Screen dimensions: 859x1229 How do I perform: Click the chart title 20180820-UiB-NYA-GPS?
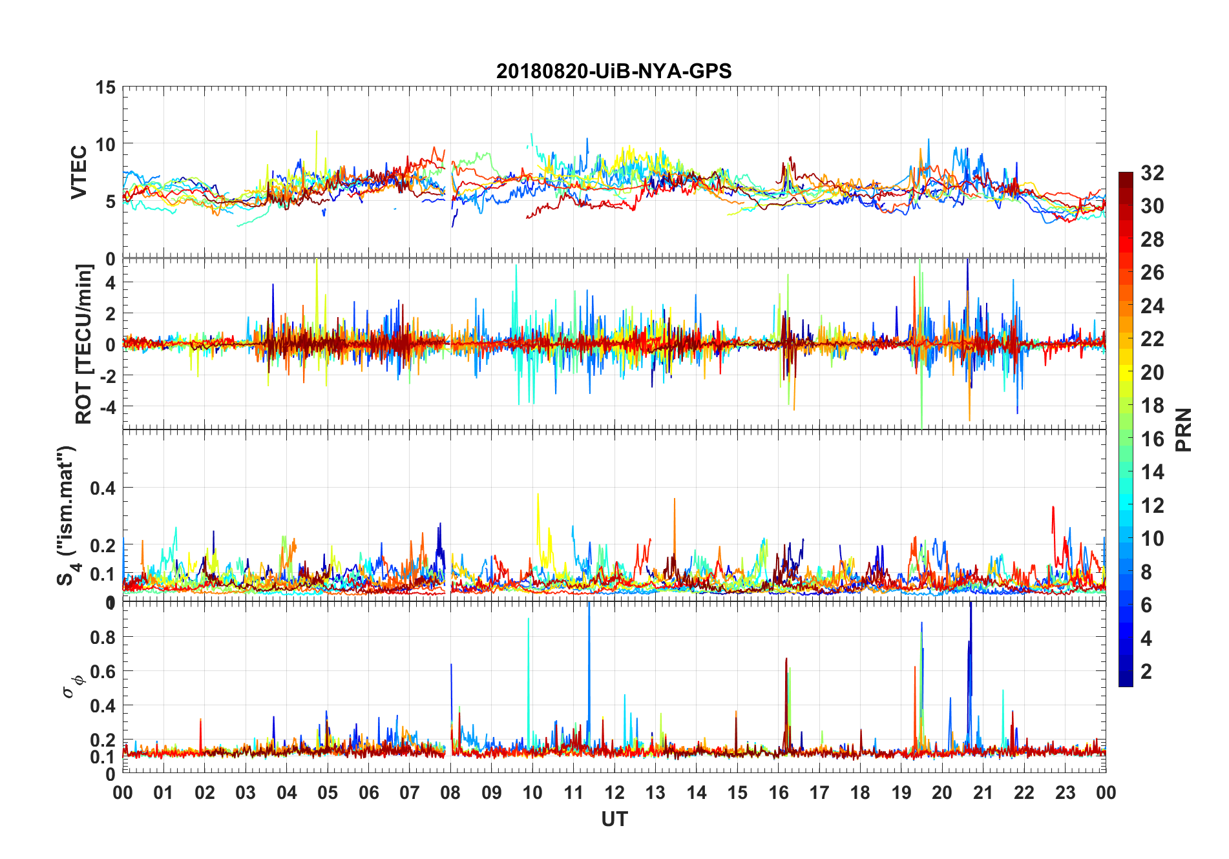point(614,71)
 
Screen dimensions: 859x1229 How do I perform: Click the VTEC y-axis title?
point(79,172)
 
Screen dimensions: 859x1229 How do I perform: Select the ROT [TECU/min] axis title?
point(84,344)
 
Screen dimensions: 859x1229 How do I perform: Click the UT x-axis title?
point(614,819)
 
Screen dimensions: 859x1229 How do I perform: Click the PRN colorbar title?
point(1183,429)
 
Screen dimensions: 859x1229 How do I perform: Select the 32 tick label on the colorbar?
point(1152,172)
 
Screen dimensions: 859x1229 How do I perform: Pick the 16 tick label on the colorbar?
point(1152,439)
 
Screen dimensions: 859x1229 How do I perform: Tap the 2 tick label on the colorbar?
point(1146,671)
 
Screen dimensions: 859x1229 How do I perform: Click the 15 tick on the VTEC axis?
point(105,87)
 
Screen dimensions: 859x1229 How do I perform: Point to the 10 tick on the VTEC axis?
point(105,144)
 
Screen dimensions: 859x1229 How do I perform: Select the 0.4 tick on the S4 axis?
point(103,488)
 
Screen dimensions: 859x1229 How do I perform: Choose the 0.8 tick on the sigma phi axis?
point(103,637)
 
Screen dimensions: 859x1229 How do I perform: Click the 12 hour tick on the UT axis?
point(614,792)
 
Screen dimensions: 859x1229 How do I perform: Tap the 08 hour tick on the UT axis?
point(450,792)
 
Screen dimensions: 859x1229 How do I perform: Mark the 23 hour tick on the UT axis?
point(1065,792)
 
